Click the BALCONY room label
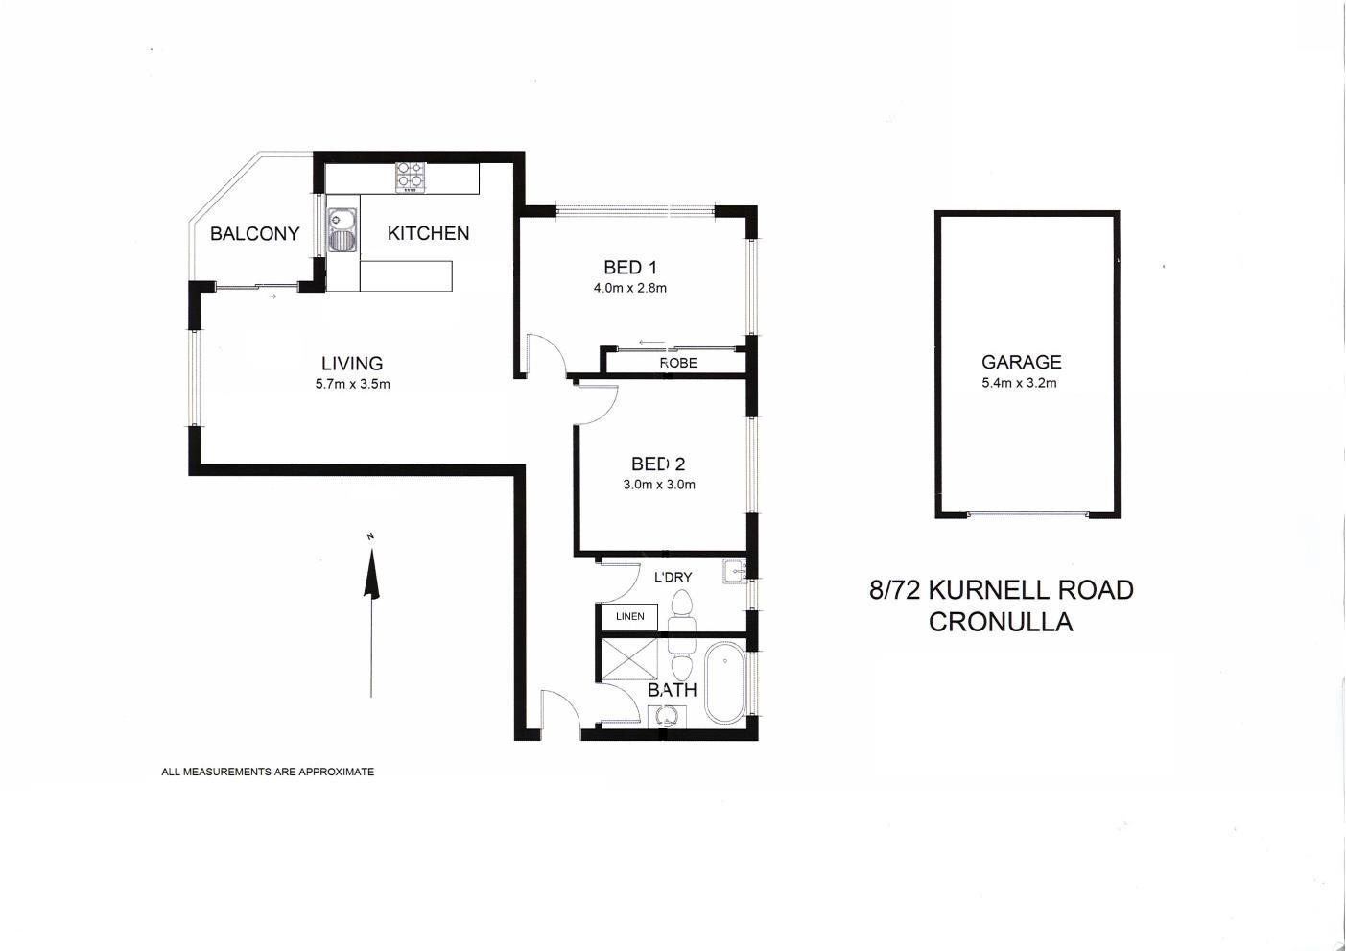pos(255,234)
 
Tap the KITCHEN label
pos(428,233)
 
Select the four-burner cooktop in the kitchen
pos(411,178)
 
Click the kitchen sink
pos(342,231)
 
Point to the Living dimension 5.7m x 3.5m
pos(353,384)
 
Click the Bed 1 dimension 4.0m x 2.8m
pos(629,288)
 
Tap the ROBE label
pos(678,363)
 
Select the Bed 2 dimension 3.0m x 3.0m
pos(659,485)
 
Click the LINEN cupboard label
pos(629,616)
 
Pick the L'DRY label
pos(673,577)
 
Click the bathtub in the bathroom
pos(725,682)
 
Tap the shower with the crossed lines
pos(629,659)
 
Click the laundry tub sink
pos(734,570)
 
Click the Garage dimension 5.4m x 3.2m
pos(1019,383)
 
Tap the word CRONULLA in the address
pos(1001,622)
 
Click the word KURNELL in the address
pos(990,590)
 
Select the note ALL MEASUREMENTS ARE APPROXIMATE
pos(268,772)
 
